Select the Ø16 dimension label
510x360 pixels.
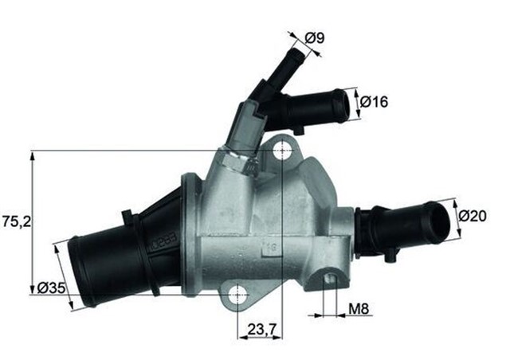(374, 102)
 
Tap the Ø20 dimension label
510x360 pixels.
(473, 215)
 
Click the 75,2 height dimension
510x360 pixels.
(17, 223)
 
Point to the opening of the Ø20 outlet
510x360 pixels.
(439, 221)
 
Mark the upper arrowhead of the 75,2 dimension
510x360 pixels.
(33, 155)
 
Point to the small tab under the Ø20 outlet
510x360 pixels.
(392, 256)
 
